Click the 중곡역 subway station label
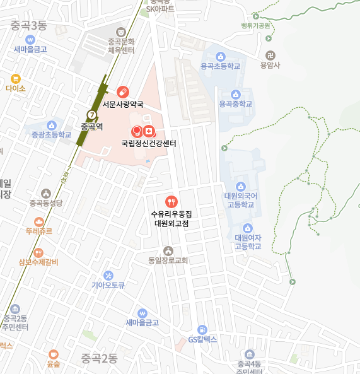click(x=91, y=126)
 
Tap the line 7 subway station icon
click(x=92, y=115)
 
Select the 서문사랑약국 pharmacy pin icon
click(x=122, y=92)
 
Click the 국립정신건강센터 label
click(x=149, y=143)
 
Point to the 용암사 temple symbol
click(x=270, y=55)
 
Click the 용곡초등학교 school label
click(x=220, y=66)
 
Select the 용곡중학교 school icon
click(x=236, y=93)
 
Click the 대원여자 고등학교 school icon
click(x=248, y=228)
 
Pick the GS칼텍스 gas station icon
click(x=202, y=329)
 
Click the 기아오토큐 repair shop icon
click(x=108, y=275)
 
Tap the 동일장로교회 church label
click(x=168, y=260)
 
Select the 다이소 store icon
click(x=16, y=79)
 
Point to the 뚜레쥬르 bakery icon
click(x=39, y=221)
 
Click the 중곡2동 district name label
click(x=99, y=359)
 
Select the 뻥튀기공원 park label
click(x=255, y=26)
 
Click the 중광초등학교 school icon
click(x=52, y=125)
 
